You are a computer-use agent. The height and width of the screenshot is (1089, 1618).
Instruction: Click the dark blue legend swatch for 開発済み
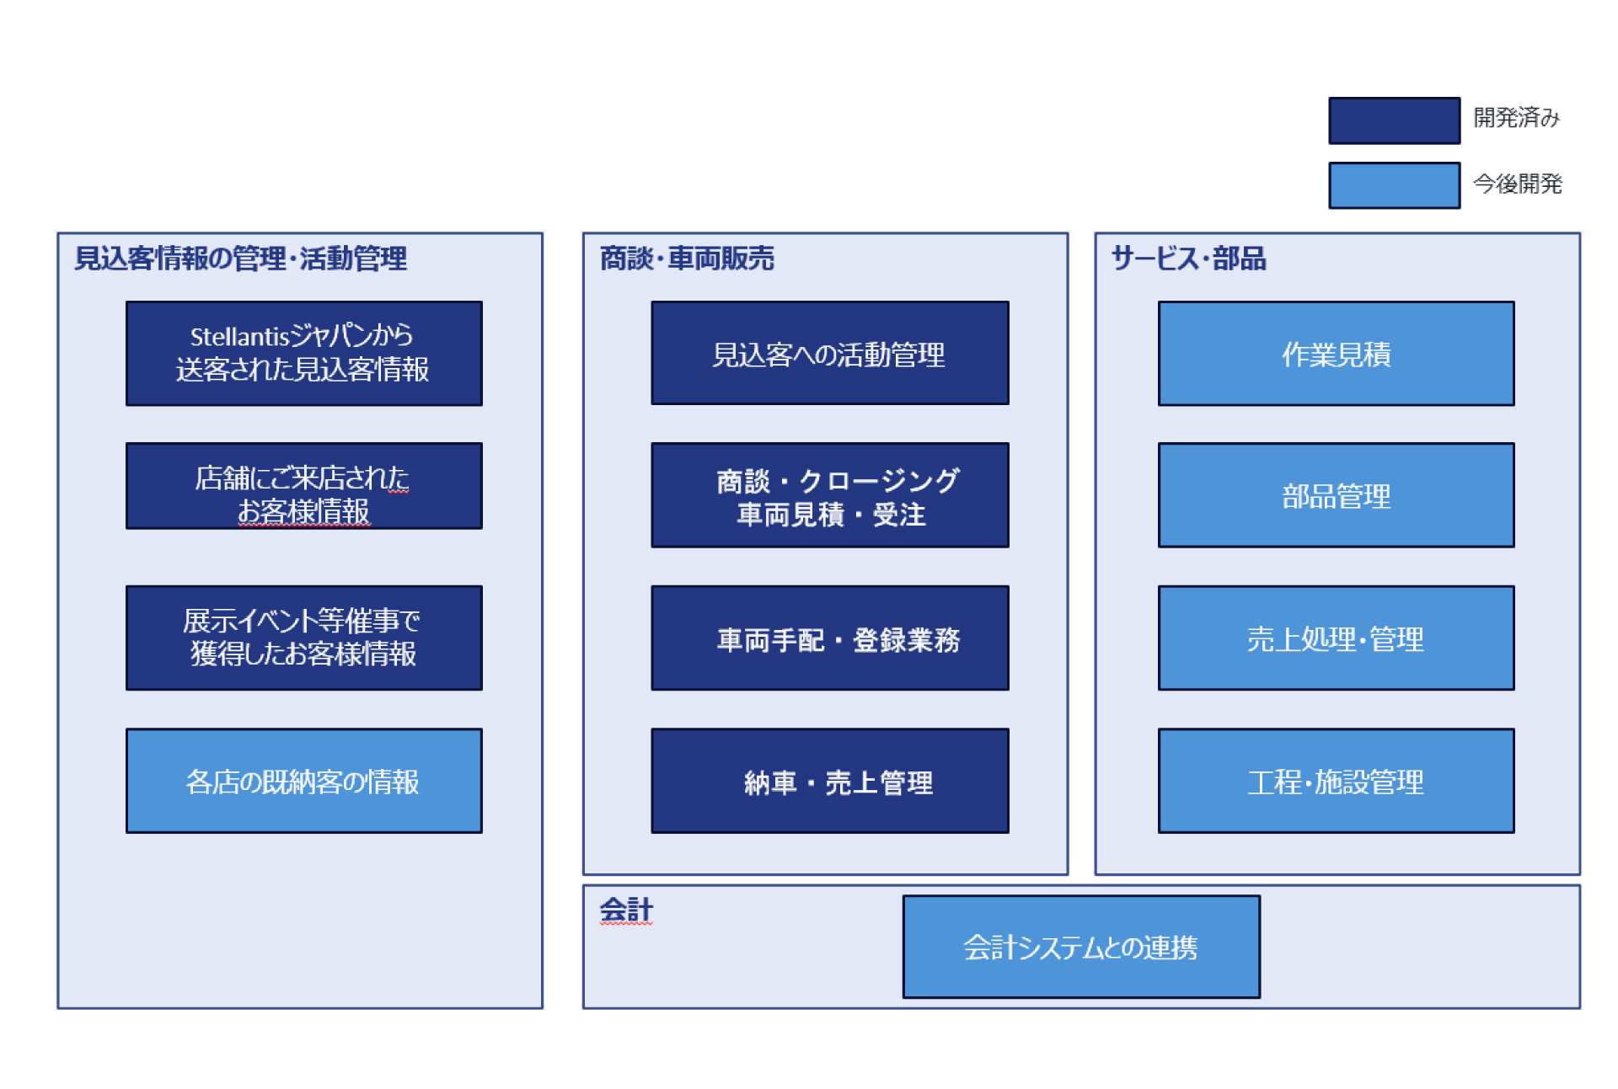pos(1394,120)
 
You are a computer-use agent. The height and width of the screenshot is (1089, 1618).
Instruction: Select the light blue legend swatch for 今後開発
pos(1394,185)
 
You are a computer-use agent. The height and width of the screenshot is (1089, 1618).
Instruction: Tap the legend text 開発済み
pos(1516,117)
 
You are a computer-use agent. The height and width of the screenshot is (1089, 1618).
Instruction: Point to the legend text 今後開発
pos(1517,184)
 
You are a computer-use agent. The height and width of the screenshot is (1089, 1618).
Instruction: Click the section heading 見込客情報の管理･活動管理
pos(241,259)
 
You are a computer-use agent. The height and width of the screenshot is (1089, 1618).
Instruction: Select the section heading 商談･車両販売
pos(687,259)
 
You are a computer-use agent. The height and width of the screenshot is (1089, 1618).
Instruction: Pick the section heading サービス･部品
pos(1188,259)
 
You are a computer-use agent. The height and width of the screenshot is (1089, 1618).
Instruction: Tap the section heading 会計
pos(626,910)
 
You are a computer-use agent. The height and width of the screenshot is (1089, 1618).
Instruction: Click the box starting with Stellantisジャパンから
pos(303,353)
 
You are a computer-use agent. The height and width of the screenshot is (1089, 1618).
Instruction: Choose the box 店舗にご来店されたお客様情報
pos(303,486)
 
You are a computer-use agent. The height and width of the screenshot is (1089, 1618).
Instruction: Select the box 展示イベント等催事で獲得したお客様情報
pos(303,638)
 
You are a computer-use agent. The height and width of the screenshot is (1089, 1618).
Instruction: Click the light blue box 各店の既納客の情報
pos(303,781)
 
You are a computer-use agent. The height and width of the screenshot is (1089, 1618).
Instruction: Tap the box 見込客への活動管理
pos(829,353)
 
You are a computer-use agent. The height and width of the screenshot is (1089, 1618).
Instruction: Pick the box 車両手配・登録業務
pos(829,638)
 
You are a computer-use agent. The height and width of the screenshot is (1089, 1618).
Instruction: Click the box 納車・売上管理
pos(829,781)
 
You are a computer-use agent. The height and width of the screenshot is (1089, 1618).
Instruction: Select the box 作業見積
pos(1336,353)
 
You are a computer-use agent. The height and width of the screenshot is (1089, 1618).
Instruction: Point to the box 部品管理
pos(1336,495)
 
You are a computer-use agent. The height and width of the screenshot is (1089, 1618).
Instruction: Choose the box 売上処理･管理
pos(1336,638)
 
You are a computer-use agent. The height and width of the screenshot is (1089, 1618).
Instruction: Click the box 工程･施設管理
pos(1336,781)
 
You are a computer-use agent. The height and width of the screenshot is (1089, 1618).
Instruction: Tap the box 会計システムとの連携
pos(1081,947)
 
